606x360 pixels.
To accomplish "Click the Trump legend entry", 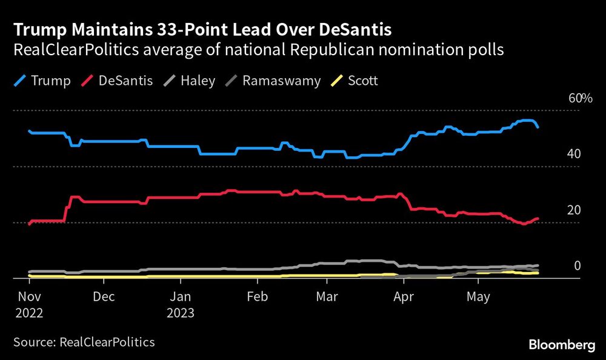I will pos(42,81).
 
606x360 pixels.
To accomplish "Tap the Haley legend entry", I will pos(190,81).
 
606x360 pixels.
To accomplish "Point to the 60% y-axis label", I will pos(579,98).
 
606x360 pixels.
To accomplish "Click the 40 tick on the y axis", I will pos(574,154).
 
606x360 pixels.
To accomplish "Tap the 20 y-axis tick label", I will pos(574,210).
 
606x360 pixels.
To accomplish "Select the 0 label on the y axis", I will pos(577,266).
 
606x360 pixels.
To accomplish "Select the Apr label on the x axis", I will pos(403,298).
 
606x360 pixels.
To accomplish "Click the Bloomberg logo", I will pos(562,344).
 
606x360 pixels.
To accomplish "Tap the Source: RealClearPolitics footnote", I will pos(84,342).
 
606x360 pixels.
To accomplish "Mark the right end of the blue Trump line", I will pos(538,127).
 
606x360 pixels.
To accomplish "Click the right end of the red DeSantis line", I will pos(538,218).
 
